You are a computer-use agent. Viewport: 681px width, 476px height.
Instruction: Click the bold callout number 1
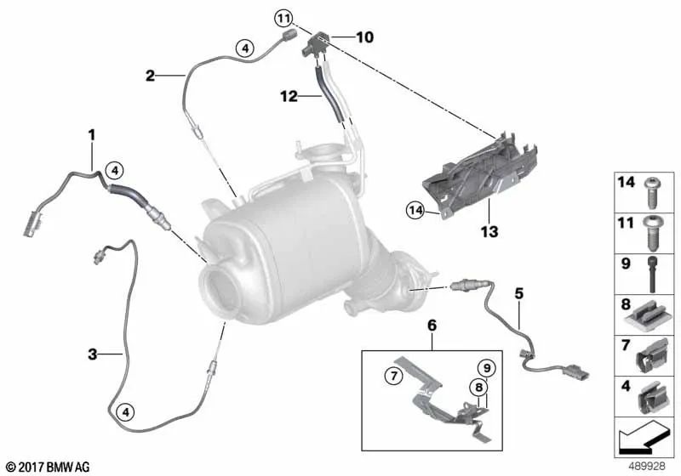pos(90,134)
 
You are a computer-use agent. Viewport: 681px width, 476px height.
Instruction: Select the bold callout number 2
pos(150,76)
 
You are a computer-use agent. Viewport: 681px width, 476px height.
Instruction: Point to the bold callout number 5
pos(518,294)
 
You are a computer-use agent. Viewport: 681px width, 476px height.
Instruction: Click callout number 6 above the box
pos(432,326)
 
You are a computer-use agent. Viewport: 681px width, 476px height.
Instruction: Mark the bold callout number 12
pos(288,98)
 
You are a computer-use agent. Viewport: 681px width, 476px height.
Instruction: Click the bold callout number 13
pos(490,229)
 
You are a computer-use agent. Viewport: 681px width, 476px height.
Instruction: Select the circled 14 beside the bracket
pos(415,209)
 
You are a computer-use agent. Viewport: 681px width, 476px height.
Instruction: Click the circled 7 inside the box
pos(392,375)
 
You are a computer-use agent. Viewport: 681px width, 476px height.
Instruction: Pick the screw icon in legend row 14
pos(652,190)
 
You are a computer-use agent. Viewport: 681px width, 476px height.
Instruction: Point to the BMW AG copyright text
pos(47,467)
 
